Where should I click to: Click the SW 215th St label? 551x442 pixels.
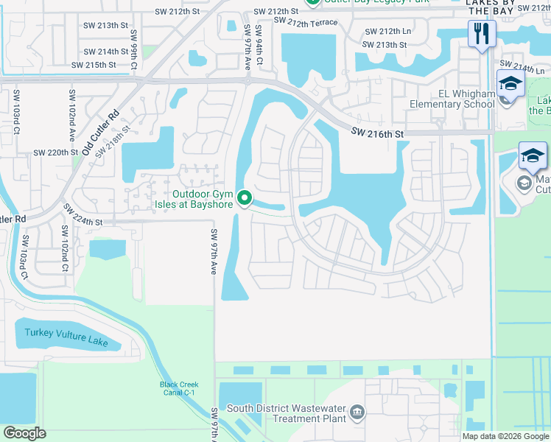[x=94, y=65]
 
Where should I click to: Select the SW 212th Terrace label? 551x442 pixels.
[x=305, y=23]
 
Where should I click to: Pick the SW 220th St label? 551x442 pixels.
[x=56, y=152]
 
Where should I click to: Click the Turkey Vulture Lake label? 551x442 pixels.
[x=66, y=337]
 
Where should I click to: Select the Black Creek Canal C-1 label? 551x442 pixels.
[x=179, y=388]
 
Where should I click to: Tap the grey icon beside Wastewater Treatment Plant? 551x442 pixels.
[x=357, y=411]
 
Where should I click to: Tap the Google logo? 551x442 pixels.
[x=25, y=433]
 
